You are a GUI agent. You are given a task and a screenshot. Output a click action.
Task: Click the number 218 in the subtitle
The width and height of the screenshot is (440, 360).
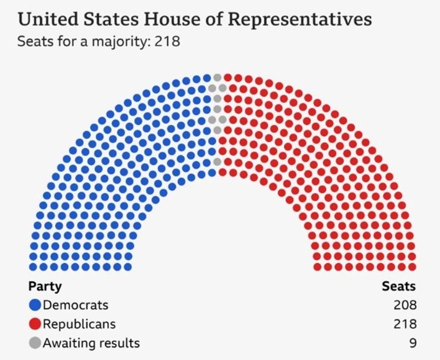tap(167, 42)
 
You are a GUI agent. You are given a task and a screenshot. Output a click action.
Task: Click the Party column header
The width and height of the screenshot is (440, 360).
tap(45, 286)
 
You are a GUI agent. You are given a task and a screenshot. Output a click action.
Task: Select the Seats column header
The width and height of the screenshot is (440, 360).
tap(399, 286)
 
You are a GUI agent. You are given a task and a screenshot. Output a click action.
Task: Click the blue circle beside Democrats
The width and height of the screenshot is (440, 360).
tap(35, 305)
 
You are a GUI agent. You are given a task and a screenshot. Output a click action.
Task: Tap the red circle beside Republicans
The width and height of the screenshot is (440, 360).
tap(35, 324)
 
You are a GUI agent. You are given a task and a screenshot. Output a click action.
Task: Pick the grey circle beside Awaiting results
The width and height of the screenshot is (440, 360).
tap(35, 343)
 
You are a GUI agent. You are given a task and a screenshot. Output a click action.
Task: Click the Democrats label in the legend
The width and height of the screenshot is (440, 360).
tap(75, 305)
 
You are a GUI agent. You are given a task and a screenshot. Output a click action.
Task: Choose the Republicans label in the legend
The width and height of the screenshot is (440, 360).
tap(79, 324)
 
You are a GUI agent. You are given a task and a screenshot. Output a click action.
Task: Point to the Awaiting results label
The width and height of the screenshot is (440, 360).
tap(91, 343)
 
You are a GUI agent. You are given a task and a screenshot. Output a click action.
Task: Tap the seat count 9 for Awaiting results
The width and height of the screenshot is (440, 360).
tap(413, 343)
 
